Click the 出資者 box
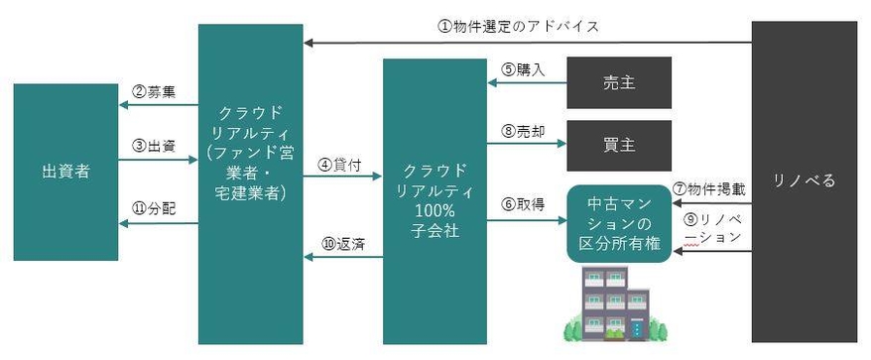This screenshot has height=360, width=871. click(x=65, y=172)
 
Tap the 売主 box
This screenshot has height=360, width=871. click(x=619, y=82)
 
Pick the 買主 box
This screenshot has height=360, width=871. click(x=619, y=146)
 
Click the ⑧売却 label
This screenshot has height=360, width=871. click(x=520, y=130)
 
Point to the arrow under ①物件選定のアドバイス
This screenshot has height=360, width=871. click(x=526, y=43)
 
